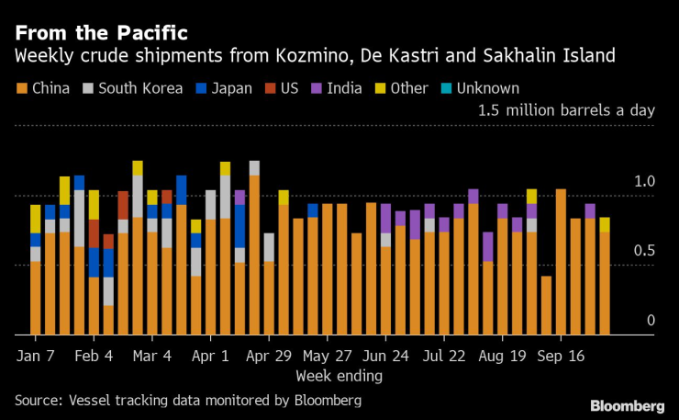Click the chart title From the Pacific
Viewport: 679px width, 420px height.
tap(100, 33)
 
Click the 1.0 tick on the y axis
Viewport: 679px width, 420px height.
tap(644, 181)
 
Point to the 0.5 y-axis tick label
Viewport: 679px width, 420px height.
tap(644, 251)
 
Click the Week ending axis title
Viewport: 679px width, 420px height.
tap(339, 375)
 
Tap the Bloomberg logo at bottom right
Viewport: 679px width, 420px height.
tap(627, 405)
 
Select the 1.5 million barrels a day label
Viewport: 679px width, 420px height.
tap(566, 110)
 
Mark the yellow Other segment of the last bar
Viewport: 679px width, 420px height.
tap(605, 225)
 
